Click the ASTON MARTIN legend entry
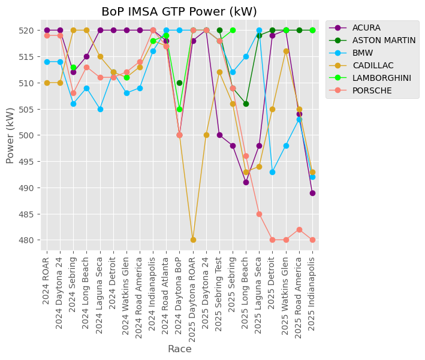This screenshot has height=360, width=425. [x=384, y=40]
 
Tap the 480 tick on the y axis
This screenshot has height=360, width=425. [x=28, y=240]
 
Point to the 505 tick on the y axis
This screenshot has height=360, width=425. [x=28, y=109]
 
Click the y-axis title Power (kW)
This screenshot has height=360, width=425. [x=10, y=135]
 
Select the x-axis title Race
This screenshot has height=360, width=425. [x=179, y=349]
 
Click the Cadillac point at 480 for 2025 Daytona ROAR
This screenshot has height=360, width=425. [x=193, y=240]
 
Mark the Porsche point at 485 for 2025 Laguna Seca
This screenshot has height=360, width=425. [x=259, y=214]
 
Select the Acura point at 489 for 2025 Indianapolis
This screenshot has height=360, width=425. [x=312, y=193]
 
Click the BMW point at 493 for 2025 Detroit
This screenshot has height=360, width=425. [x=272, y=172]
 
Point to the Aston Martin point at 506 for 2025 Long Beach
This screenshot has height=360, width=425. [x=246, y=104]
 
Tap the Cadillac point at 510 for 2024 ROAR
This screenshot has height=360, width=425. [x=47, y=83]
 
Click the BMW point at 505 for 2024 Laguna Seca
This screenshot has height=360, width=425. [x=100, y=109]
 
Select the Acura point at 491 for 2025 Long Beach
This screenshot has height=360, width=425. [x=246, y=182]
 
